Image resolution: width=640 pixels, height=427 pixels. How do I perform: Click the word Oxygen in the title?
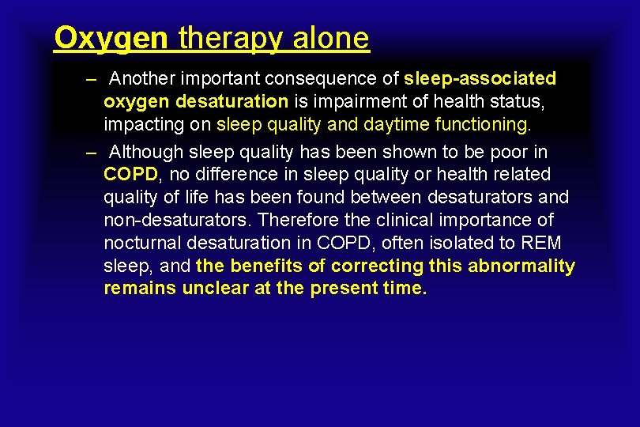coord(111,38)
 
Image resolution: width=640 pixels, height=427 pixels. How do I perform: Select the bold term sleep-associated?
coord(480,79)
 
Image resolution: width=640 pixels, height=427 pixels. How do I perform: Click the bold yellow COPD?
coord(131,174)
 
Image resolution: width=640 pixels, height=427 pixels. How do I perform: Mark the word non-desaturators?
coord(178,220)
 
